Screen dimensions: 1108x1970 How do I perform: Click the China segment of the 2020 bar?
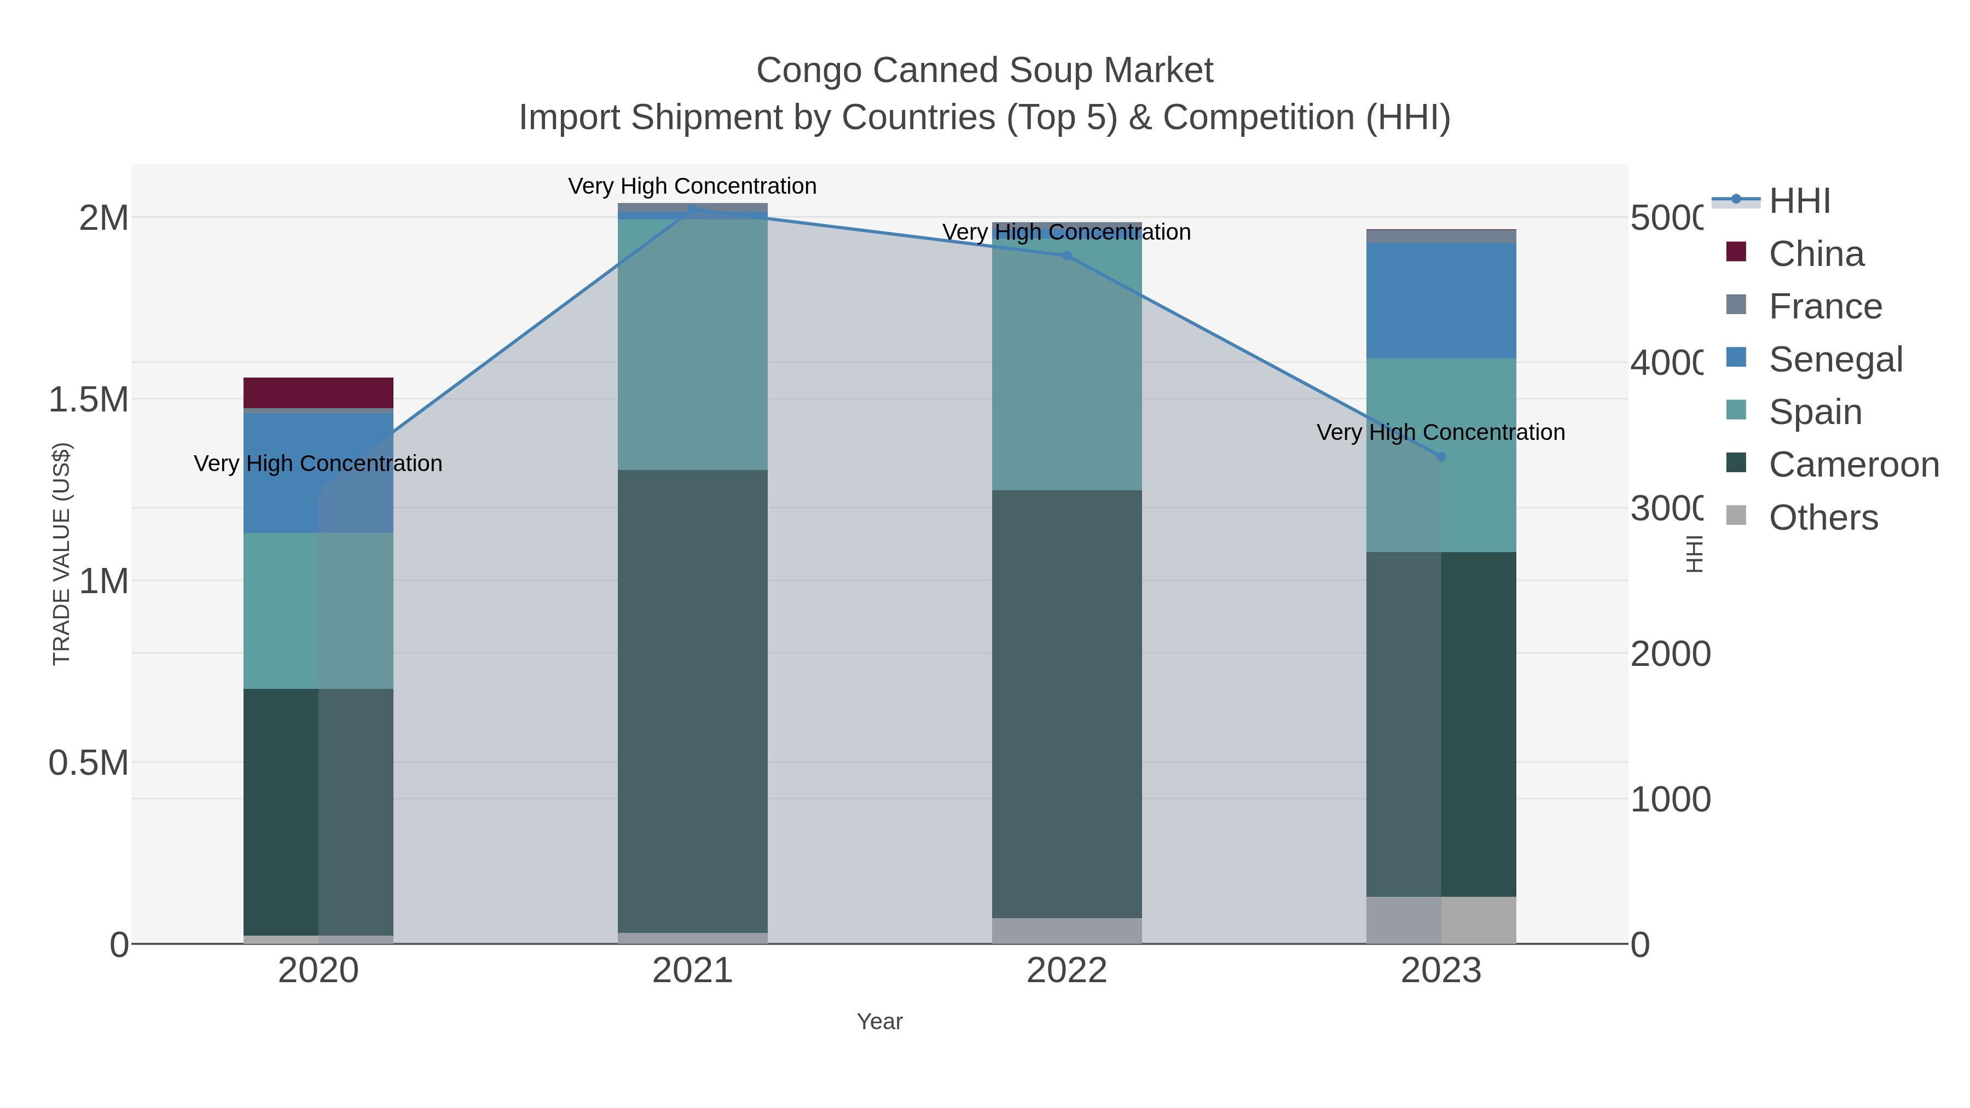pos(318,392)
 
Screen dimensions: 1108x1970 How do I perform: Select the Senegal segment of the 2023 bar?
pos(1441,300)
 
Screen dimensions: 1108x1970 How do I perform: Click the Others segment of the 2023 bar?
pos(1441,920)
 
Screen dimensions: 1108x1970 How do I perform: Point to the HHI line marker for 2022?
pos(1067,256)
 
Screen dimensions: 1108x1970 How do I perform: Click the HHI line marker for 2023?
pos(1441,456)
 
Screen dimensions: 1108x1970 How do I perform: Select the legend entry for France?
pos(1824,306)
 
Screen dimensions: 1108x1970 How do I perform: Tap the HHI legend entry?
pos(1799,201)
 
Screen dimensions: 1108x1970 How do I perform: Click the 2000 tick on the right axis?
pos(1670,654)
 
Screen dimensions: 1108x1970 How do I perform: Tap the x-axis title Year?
pos(879,1022)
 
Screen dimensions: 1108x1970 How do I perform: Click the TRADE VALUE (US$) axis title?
pos(61,554)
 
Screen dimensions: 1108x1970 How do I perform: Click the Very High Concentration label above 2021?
pos(692,186)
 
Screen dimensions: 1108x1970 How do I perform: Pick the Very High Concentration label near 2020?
pos(318,463)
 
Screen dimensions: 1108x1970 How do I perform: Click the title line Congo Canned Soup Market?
pos(984,71)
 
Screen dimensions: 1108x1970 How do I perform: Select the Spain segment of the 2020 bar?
pos(318,610)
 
